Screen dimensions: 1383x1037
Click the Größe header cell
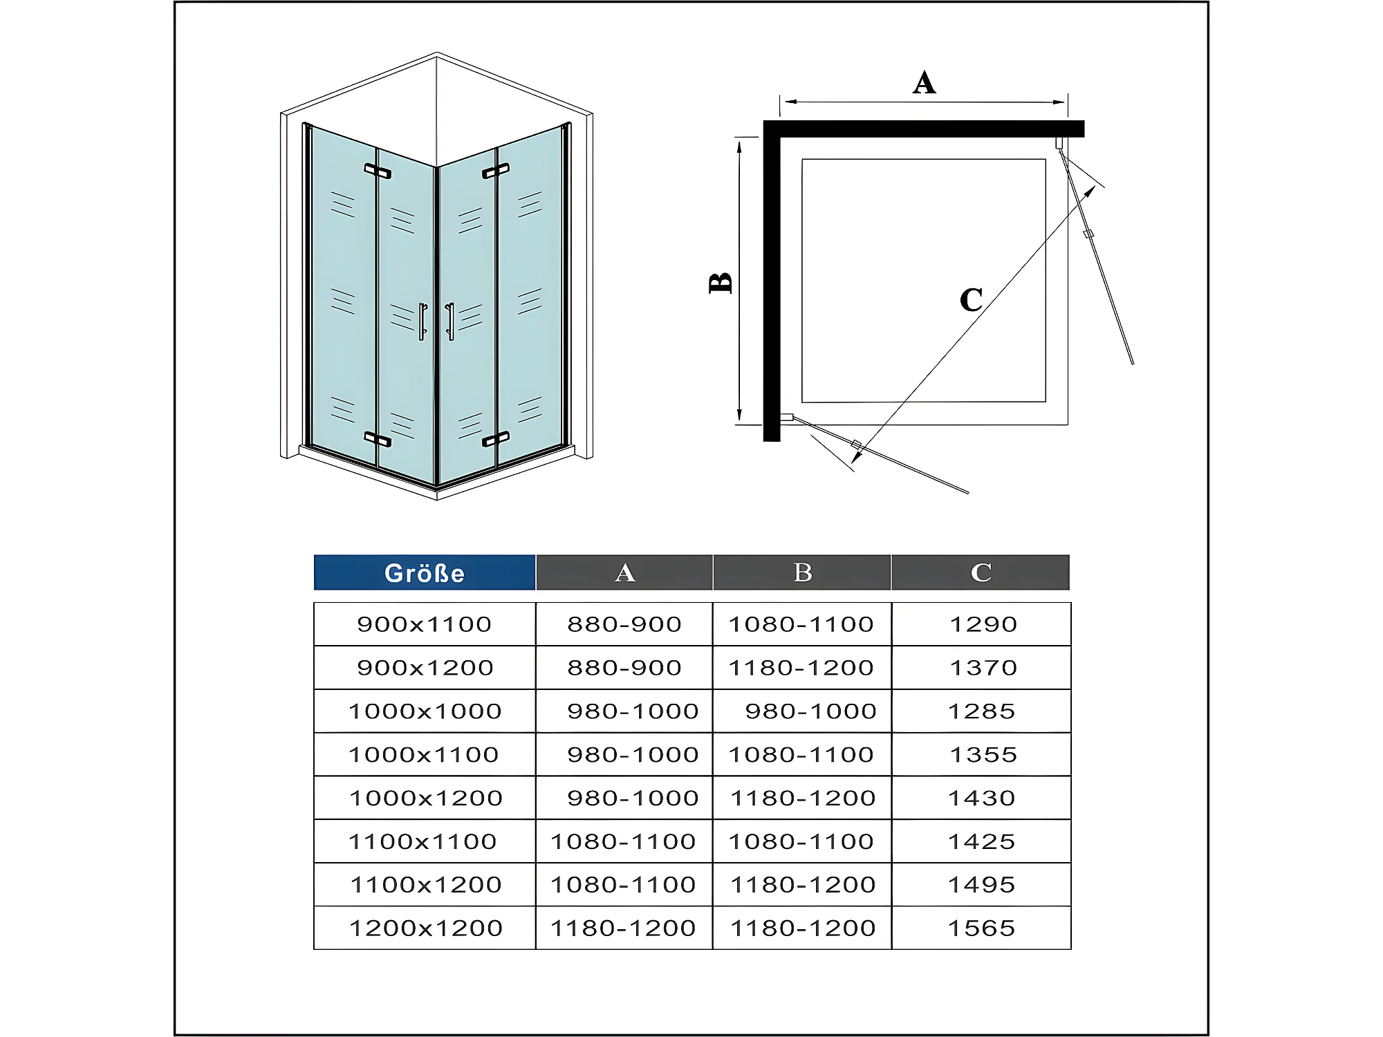pos(425,572)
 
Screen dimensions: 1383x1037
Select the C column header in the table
pos(981,572)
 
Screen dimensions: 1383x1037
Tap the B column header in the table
pos(802,572)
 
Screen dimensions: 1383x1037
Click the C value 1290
pos(983,624)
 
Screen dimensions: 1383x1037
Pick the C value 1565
pos(981,928)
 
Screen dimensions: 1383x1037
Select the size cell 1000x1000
pos(425,711)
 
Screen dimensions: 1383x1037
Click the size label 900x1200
pos(425,668)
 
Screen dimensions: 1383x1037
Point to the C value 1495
pos(981,884)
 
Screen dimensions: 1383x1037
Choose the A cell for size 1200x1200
pos(623,928)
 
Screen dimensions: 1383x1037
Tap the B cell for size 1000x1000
pos(810,711)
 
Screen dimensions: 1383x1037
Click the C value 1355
pos(983,754)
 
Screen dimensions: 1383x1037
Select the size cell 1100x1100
pos(423,841)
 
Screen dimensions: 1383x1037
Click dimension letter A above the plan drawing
pos(924,83)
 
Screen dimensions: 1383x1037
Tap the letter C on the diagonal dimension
pos(971,300)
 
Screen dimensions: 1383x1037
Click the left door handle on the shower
pos(423,321)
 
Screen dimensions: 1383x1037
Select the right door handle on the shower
pos(450,321)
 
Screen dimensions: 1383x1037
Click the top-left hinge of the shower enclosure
pos(378,171)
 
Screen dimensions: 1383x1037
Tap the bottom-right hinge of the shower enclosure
pos(496,439)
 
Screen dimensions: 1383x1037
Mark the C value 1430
pos(981,798)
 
